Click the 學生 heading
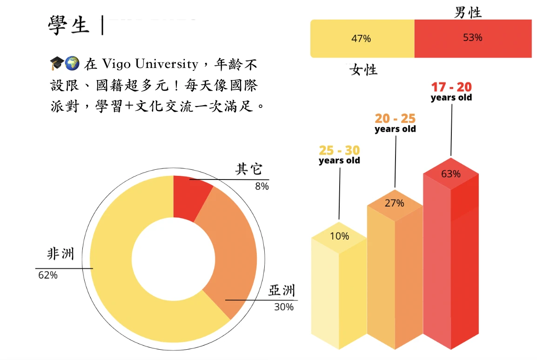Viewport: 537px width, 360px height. (68, 25)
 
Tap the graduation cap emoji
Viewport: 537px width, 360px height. (56, 63)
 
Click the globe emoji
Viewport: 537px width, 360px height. (72, 63)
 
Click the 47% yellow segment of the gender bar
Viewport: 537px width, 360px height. (362, 39)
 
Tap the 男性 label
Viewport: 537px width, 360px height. (468, 13)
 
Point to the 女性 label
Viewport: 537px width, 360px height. (363, 70)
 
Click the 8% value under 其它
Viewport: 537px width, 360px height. (262, 187)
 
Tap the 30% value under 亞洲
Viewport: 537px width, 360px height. (283, 307)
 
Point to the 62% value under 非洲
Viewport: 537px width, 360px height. (47, 275)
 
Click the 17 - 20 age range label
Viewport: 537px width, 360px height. (451, 87)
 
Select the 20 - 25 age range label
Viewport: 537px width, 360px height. (395, 119)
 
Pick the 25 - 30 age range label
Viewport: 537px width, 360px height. (339, 151)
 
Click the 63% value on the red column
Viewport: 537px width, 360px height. (451, 174)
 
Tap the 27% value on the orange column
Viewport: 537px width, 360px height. (395, 203)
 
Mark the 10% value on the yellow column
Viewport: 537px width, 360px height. (339, 236)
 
